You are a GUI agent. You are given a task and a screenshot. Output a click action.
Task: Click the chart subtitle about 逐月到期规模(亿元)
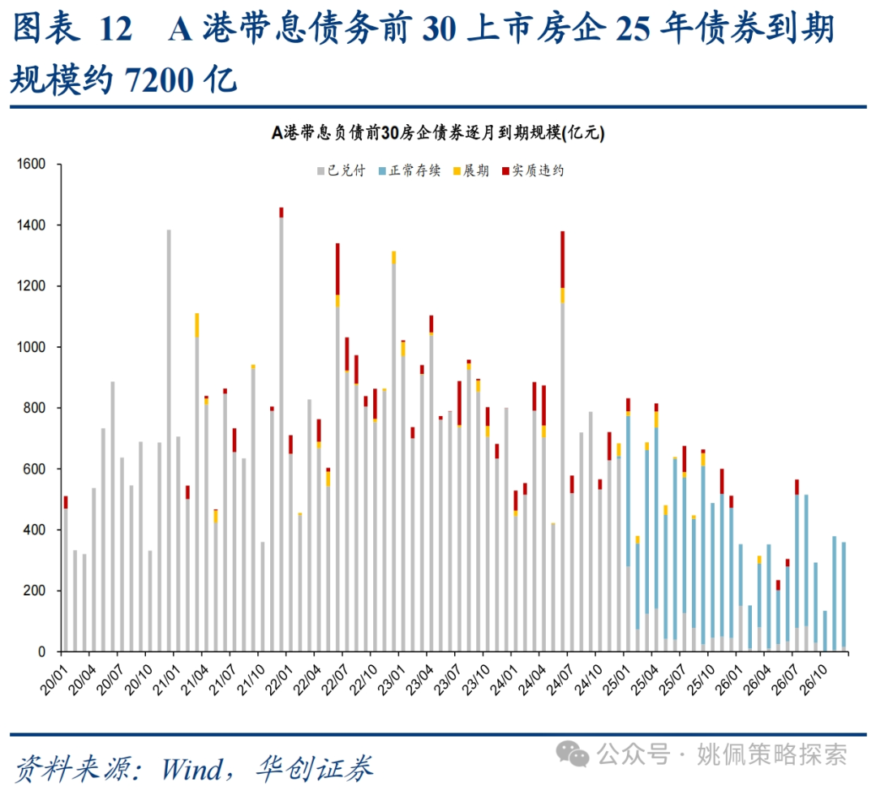click(438, 134)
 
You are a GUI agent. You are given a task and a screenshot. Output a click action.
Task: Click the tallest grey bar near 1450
click(281, 430)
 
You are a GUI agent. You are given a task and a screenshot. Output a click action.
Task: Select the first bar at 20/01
click(66, 576)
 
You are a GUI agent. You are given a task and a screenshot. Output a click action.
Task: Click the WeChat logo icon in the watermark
click(578, 755)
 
